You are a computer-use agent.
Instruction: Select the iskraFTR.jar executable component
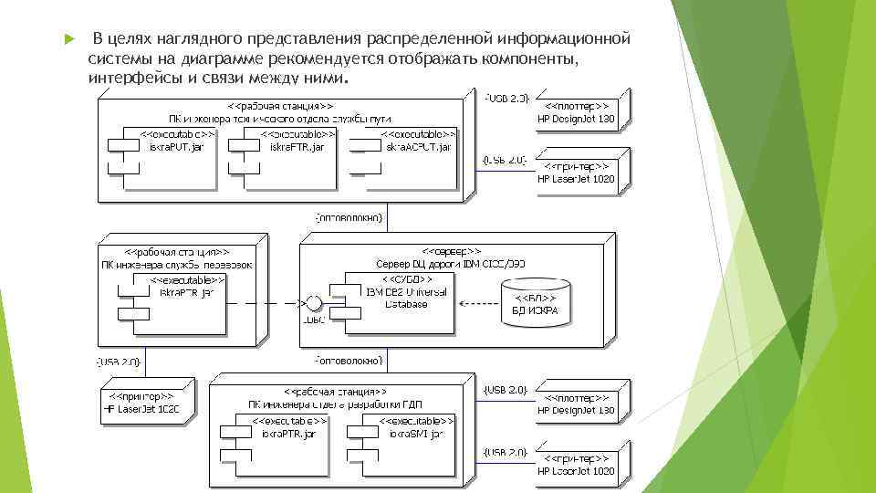click(288, 154)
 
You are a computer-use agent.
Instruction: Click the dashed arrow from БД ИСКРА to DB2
click(478, 303)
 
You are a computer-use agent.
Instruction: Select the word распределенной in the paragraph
click(429, 39)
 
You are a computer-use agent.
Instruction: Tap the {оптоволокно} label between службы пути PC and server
click(349, 219)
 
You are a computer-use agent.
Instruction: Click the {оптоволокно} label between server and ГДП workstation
click(349, 357)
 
